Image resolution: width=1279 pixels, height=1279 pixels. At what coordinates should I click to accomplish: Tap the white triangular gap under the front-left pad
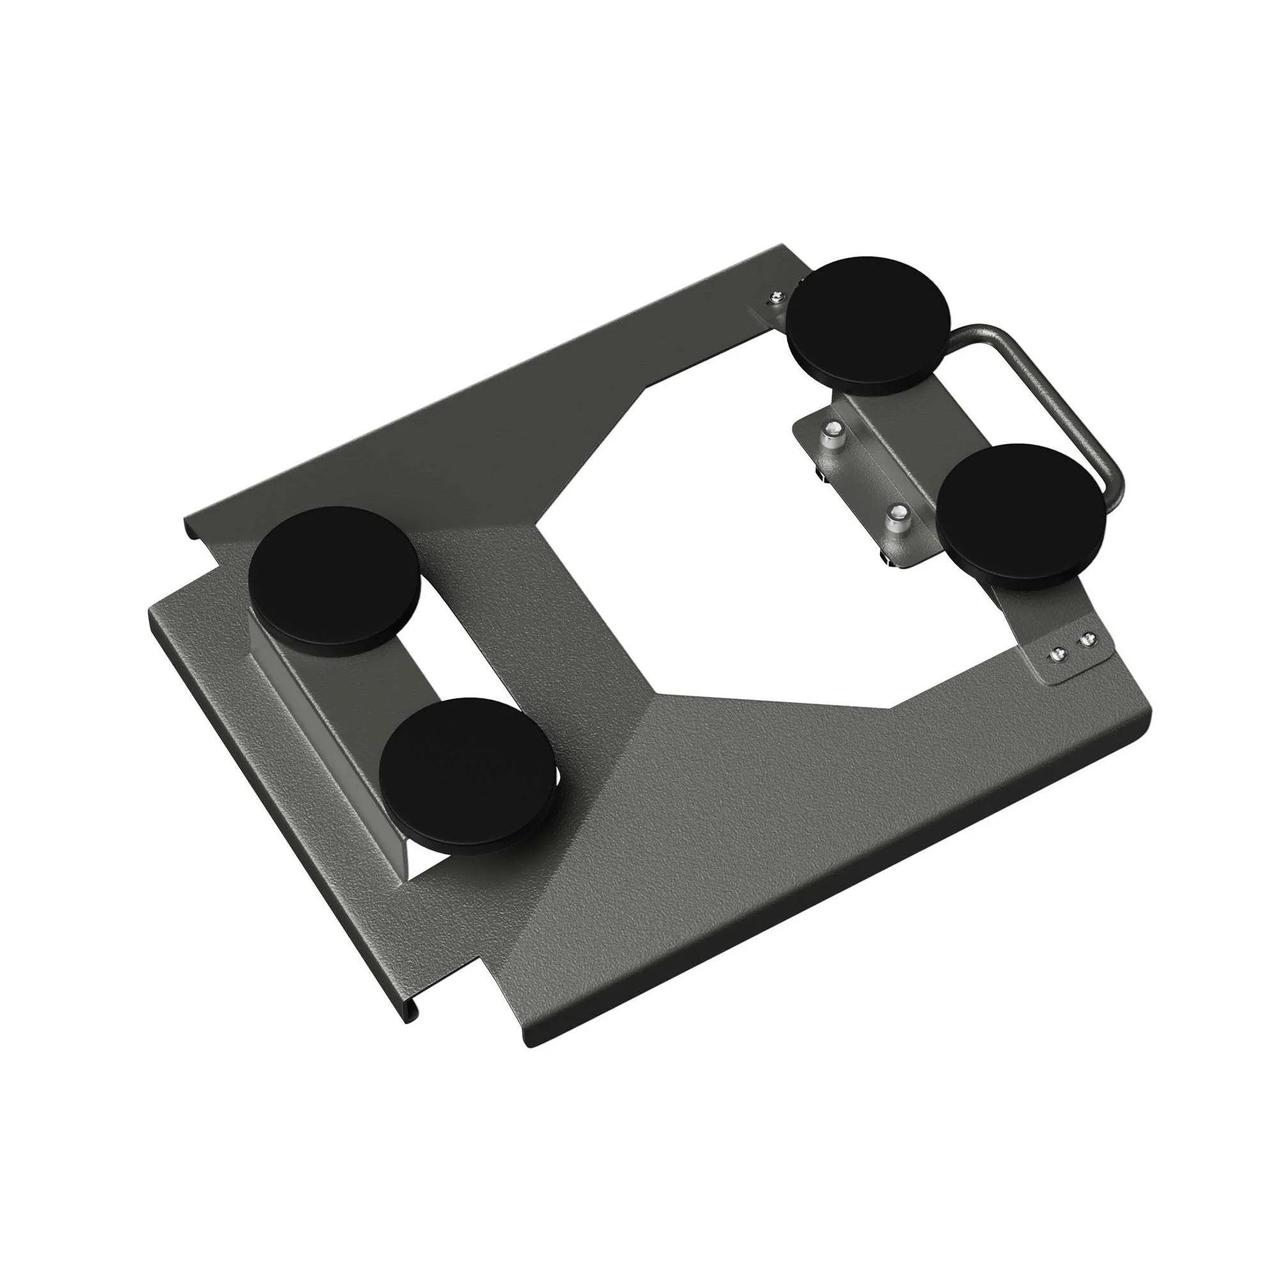click(424, 861)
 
